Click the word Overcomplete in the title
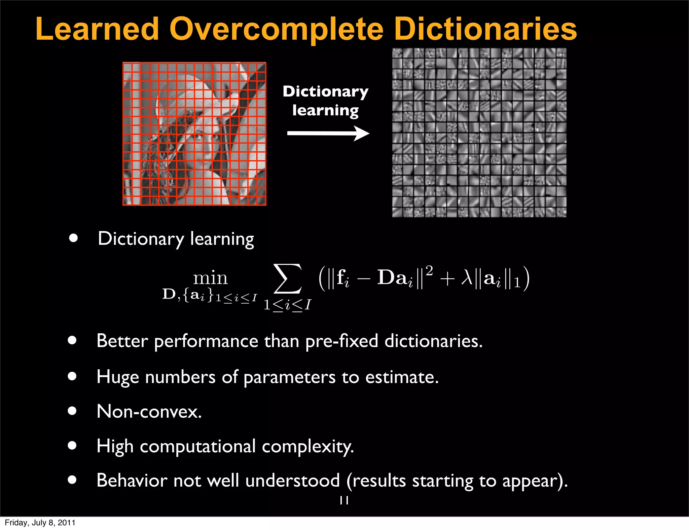click(x=276, y=30)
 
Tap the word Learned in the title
click(x=97, y=30)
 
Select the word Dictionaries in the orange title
click(x=485, y=30)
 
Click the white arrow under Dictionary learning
click(x=328, y=133)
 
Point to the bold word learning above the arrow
click(x=325, y=111)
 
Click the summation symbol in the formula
click(x=288, y=279)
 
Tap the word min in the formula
click(x=210, y=278)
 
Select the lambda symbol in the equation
click(x=467, y=278)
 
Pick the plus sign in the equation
click(x=447, y=279)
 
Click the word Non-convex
click(x=149, y=411)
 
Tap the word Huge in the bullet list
click(x=117, y=377)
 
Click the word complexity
click(x=308, y=447)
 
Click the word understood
click(x=292, y=480)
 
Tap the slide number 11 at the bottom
click(x=344, y=500)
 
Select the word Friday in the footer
click(x=15, y=523)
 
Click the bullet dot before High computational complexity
click(x=72, y=446)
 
